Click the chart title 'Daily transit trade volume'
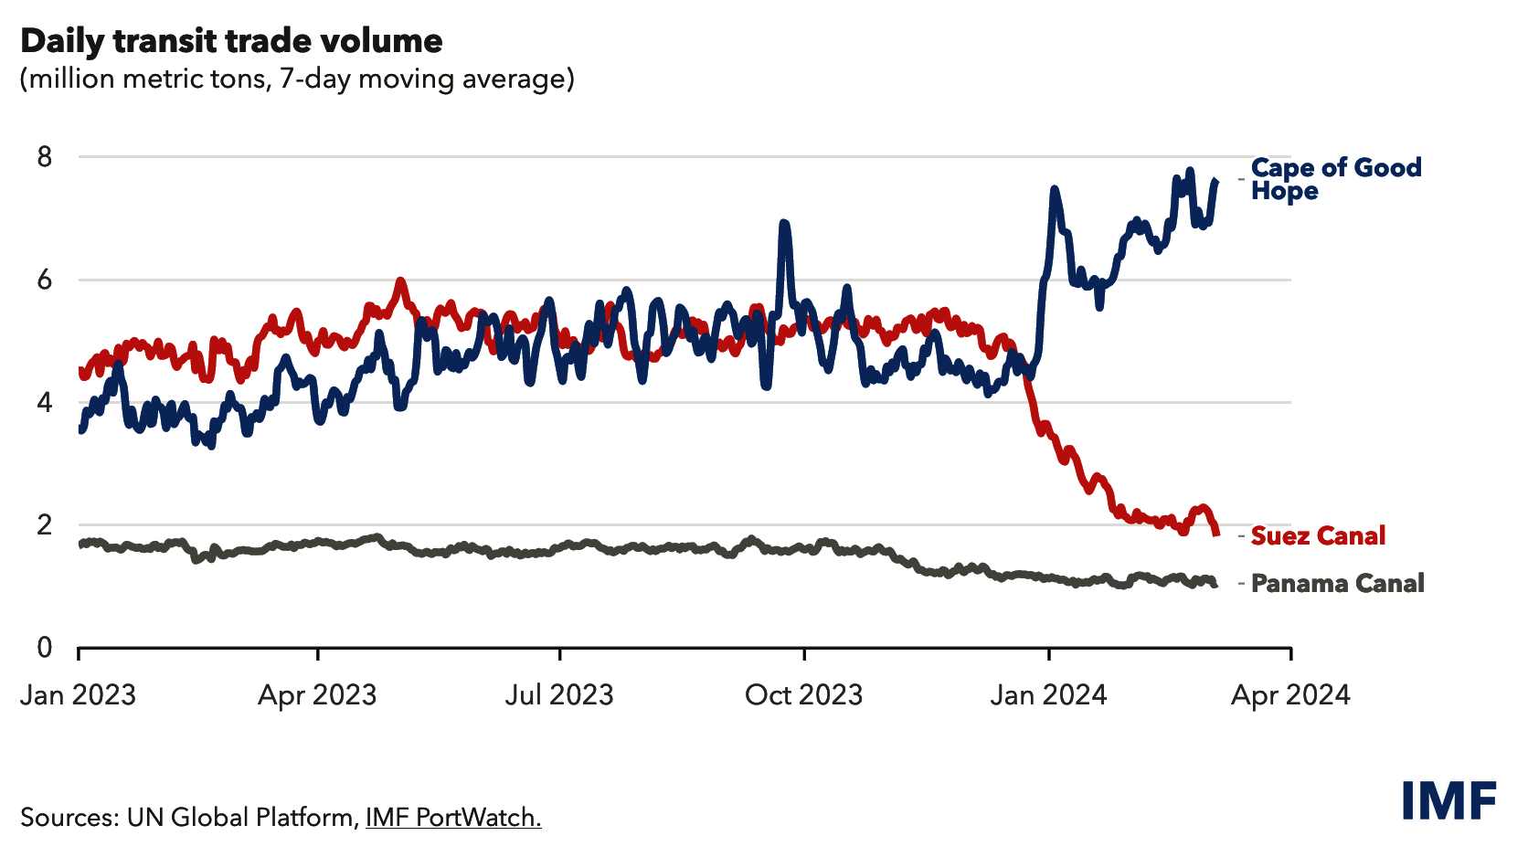[231, 41]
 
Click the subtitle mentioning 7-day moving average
[297, 79]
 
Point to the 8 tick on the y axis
[45, 157]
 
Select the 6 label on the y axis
[45, 280]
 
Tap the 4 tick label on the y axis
[45, 402]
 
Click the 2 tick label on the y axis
[45, 524]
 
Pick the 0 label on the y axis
[45, 647]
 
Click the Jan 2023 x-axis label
[78, 695]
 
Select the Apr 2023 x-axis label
[317, 695]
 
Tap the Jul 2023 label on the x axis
[559, 695]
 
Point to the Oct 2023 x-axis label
[803, 695]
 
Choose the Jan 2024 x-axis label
[1048, 695]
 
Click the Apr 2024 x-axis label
[1290, 695]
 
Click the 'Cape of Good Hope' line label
[1335, 179]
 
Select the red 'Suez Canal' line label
[1318, 535]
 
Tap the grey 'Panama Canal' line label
[1337, 583]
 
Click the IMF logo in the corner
[1448, 801]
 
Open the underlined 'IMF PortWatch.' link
[453, 817]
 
